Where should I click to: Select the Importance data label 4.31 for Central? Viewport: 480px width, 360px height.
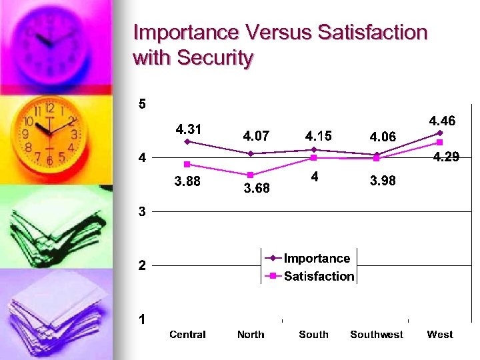[189, 128]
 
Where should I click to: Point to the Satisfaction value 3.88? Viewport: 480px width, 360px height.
[187, 181]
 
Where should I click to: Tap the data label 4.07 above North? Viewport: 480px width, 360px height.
[256, 136]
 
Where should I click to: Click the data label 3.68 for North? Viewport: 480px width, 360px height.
[257, 188]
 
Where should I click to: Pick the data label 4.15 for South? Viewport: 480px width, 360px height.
[318, 136]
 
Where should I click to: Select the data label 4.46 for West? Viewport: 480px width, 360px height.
[442, 121]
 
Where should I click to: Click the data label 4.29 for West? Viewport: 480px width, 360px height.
[446, 158]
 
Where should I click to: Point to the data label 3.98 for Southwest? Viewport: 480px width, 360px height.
[383, 181]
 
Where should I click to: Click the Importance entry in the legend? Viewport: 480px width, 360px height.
[317, 259]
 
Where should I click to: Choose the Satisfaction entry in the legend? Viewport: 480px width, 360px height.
[319, 276]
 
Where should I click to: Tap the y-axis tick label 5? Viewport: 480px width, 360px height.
[142, 104]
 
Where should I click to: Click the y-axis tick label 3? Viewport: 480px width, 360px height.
[142, 212]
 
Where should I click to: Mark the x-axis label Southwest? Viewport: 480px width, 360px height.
[377, 335]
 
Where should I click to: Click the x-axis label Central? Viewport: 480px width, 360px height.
[187, 335]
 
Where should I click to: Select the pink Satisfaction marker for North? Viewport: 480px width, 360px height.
[251, 175]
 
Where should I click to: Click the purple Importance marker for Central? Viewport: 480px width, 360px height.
[187, 141]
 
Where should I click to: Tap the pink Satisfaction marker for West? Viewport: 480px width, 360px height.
[440, 142]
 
